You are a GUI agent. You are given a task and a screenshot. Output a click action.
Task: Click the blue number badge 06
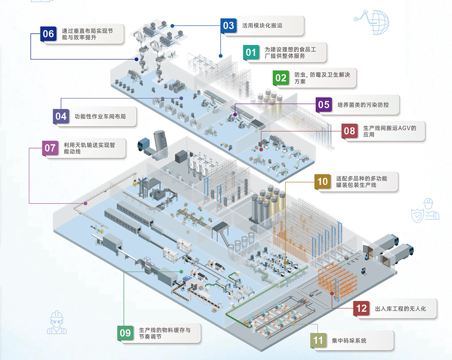pyautogui.click(x=47, y=34)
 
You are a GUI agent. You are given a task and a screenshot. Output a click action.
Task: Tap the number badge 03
pyautogui.click(x=228, y=25)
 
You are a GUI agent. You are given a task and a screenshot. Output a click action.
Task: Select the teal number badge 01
pyautogui.click(x=250, y=52)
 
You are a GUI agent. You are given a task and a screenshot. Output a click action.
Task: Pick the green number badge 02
pyautogui.click(x=281, y=78)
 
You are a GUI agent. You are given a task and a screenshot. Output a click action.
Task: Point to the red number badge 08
pyautogui.click(x=349, y=131)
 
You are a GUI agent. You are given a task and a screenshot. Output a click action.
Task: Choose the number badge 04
pyautogui.click(x=61, y=117)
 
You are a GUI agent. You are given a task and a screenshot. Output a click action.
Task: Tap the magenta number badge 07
pyautogui.click(x=50, y=148)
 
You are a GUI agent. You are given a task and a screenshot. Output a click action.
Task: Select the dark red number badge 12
pyautogui.click(x=361, y=308)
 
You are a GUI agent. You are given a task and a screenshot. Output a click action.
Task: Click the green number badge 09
pyautogui.click(x=125, y=333)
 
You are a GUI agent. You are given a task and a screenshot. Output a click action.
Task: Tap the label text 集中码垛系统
pyautogui.click(x=349, y=340)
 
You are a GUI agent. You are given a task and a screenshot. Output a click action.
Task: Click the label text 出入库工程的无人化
pyautogui.click(x=400, y=309)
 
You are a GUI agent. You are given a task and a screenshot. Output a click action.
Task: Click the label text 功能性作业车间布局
pyautogui.click(x=100, y=117)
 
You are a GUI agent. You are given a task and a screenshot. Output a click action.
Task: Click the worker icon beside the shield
pyautogui.click(x=428, y=209)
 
